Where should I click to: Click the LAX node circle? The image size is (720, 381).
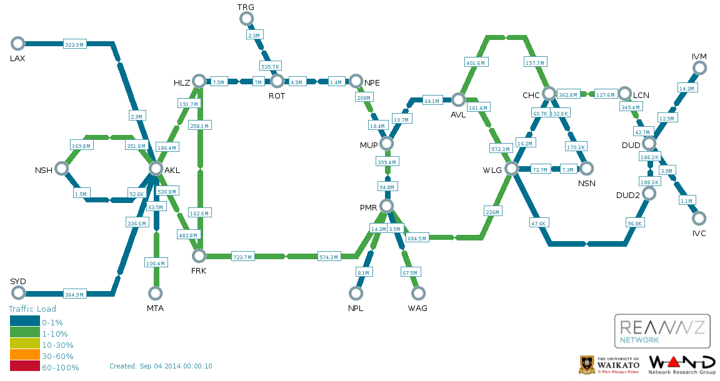click(x=17, y=43)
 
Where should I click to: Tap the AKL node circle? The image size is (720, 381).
click(x=156, y=169)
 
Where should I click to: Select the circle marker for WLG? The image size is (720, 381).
click(x=511, y=169)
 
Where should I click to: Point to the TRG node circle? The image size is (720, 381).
click(x=246, y=19)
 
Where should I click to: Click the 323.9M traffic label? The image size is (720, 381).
click(x=74, y=45)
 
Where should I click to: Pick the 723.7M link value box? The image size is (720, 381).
click(x=242, y=257)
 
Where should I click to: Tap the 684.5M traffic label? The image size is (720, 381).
click(x=416, y=238)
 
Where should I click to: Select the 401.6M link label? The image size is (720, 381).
click(x=476, y=62)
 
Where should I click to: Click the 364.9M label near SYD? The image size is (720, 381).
click(x=74, y=294)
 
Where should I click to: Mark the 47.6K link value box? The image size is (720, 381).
click(x=537, y=223)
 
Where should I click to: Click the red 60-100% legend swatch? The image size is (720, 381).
click(x=24, y=367)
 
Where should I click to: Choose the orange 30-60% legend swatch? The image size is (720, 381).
click(x=24, y=356)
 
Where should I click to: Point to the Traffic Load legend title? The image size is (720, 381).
click(x=32, y=309)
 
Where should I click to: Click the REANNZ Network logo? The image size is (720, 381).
click(x=662, y=331)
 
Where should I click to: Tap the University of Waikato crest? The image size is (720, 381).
click(x=587, y=364)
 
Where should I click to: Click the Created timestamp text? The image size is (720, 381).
click(x=161, y=366)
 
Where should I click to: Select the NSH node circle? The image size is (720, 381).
click(x=61, y=169)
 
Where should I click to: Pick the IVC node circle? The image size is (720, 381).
click(x=699, y=218)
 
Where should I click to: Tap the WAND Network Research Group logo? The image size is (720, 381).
click(x=682, y=365)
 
